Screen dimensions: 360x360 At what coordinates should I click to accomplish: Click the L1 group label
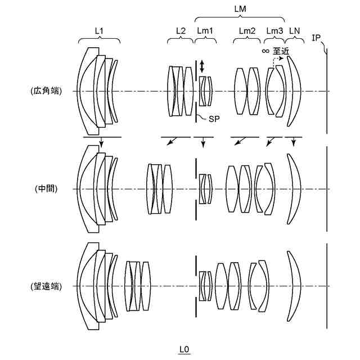point(100,30)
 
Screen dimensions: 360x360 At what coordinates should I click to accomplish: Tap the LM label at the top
point(240,8)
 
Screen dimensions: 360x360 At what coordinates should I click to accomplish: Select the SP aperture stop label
point(214,119)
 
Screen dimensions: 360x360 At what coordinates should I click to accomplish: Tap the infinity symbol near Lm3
point(265,51)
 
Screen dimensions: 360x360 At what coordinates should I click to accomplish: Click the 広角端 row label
point(46,90)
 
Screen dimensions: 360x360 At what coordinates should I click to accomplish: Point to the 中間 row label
point(46,189)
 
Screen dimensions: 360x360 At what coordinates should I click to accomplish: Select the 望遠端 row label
point(46,286)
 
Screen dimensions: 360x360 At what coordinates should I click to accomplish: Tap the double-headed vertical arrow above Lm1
point(202,66)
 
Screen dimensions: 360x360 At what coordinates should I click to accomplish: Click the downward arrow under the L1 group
point(101,143)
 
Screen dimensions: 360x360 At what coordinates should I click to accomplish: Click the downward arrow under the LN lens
point(294,143)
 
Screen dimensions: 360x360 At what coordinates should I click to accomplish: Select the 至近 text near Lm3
point(281,51)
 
